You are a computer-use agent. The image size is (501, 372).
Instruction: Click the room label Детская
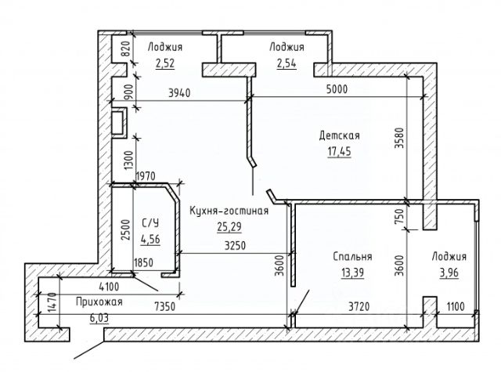339,135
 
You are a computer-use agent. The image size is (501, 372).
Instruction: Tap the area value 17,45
339,151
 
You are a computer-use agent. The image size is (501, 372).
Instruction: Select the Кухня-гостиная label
229,211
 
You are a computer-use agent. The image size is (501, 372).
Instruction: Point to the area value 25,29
229,227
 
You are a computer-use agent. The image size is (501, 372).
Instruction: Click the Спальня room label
352,257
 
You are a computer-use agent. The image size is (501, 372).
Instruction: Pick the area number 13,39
352,273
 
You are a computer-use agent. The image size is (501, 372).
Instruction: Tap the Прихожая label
99,302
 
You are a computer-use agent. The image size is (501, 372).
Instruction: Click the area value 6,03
99,318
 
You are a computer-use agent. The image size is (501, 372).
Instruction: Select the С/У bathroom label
150,222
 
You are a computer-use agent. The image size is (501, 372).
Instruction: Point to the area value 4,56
150,239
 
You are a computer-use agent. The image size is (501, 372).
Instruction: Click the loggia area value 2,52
165,63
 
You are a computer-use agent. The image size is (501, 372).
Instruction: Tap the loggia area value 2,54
287,63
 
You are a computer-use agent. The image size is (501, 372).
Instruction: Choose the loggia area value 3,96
449,273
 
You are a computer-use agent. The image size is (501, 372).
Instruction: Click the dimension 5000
337,89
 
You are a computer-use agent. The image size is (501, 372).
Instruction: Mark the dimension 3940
179,93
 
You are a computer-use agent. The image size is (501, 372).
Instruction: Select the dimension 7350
165,307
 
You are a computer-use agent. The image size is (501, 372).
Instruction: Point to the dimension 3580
400,138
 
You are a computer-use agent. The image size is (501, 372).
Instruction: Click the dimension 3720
359,307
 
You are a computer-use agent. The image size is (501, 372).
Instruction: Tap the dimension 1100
456,307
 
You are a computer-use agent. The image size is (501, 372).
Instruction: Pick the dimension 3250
235,245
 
